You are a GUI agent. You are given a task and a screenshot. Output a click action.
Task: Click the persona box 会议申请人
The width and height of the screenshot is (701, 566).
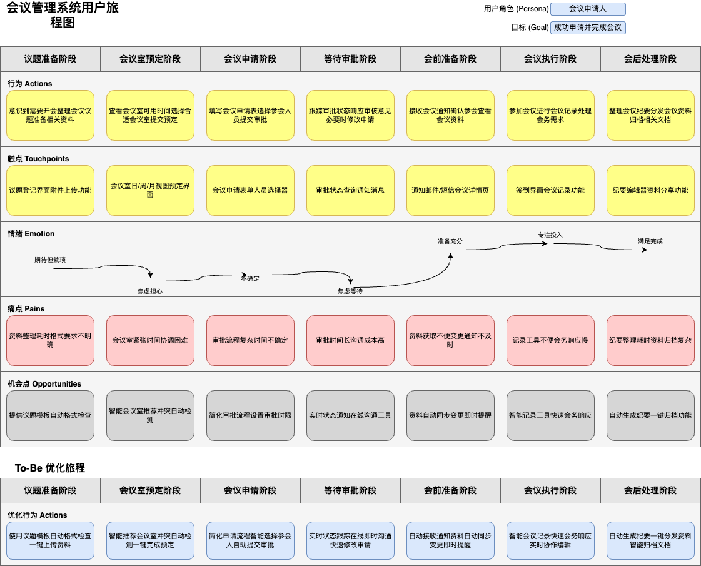(588, 9)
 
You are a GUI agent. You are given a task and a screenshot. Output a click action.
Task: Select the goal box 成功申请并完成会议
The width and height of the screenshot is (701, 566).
(588, 28)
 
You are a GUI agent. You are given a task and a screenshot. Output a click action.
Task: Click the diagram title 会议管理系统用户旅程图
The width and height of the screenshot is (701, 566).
(63, 16)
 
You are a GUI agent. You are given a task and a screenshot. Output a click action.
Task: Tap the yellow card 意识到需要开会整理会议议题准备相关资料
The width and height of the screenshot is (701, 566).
(50, 115)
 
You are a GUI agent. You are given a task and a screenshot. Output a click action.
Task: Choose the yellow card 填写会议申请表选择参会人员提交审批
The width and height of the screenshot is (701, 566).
(250, 115)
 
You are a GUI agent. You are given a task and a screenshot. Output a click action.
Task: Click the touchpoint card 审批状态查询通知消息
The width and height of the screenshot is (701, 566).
(350, 190)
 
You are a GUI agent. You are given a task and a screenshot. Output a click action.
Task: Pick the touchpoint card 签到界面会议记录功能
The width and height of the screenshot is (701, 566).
(550, 190)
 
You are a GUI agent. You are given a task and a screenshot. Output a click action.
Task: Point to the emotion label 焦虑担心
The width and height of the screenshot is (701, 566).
(150, 291)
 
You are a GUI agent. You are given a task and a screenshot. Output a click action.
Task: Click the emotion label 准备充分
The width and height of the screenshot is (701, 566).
(450, 241)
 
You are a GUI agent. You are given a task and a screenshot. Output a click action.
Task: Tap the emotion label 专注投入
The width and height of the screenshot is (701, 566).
(550, 235)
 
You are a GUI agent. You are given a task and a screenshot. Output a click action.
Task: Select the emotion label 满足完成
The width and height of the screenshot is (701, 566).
(650, 241)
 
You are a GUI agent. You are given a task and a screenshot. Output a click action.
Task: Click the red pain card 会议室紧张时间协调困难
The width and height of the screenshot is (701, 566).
(150, 340)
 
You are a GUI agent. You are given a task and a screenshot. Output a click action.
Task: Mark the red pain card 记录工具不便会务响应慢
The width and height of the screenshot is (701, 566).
(550, 340)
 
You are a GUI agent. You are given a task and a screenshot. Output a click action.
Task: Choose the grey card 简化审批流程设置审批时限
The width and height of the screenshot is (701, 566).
(250, 415)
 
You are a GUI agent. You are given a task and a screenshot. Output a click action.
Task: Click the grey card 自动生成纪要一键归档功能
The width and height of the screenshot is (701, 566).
(650, 415)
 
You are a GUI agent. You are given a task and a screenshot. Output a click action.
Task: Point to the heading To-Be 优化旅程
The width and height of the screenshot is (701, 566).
(50, 468)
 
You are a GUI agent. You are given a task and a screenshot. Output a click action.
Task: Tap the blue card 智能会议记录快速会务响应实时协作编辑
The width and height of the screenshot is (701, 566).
(550, 540)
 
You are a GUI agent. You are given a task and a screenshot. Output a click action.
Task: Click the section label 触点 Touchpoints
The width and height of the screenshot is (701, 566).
(38, 159)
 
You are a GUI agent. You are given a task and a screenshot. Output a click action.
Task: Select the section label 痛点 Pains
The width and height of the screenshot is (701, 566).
(26, 309)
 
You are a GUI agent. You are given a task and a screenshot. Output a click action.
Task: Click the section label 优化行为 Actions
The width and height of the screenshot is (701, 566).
(38, 515)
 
